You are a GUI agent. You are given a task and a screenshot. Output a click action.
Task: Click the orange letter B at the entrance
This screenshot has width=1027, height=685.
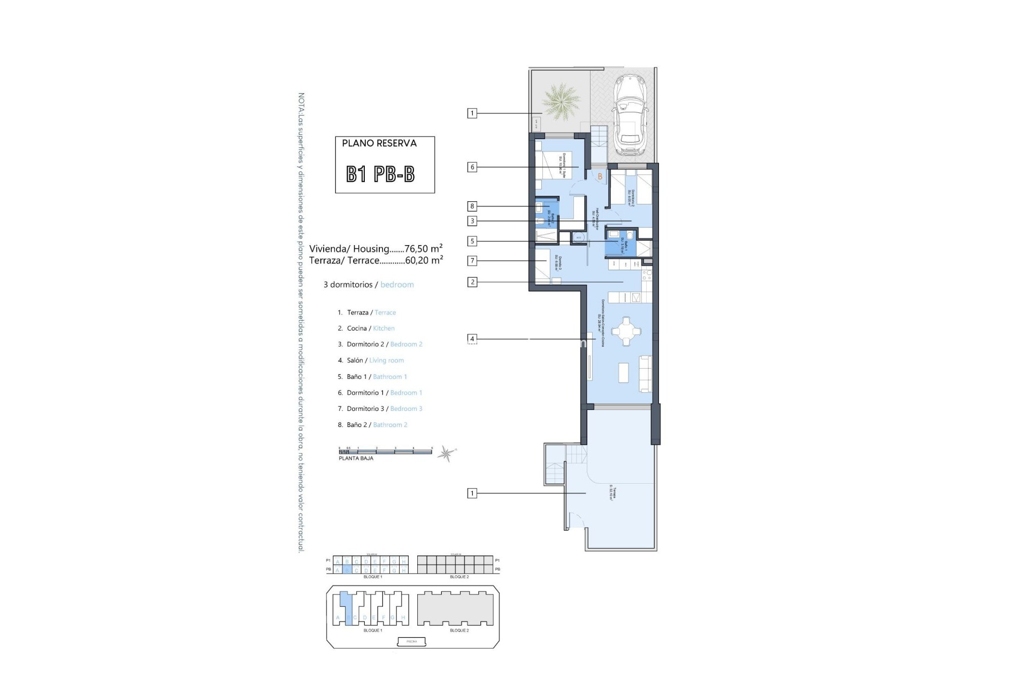[x=600, y=177]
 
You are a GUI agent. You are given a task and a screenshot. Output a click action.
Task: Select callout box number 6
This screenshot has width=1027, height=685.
[x=472, y=168]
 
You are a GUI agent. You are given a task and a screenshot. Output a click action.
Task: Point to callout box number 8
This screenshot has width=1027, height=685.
[x=472, y=207]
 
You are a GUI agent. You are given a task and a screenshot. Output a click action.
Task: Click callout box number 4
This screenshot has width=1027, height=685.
[x=472, y=339]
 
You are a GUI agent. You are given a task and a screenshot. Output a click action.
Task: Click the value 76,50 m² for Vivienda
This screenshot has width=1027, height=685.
[x=424, y=248]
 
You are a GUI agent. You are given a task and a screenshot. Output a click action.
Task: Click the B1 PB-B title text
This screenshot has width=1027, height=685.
[x=380, y=174]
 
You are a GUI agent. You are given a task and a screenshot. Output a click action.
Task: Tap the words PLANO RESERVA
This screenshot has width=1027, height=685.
[x=379, y=143]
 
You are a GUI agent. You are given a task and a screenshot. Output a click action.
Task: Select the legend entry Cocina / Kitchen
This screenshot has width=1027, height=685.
[x=370, y=329]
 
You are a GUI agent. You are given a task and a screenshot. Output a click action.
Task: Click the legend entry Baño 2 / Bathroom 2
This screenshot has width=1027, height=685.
[x=377, y=425]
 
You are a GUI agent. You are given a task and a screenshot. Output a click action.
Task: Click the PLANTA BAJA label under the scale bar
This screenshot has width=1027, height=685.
[x=356, y=459]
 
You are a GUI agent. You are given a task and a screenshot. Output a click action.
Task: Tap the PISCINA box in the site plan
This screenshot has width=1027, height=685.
[x=412, y=641]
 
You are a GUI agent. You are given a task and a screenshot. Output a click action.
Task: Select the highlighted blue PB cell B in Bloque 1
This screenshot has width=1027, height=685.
[x=347, y=570]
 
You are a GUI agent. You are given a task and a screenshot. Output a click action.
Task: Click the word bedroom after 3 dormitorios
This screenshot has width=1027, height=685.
[x=397, y=285]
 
